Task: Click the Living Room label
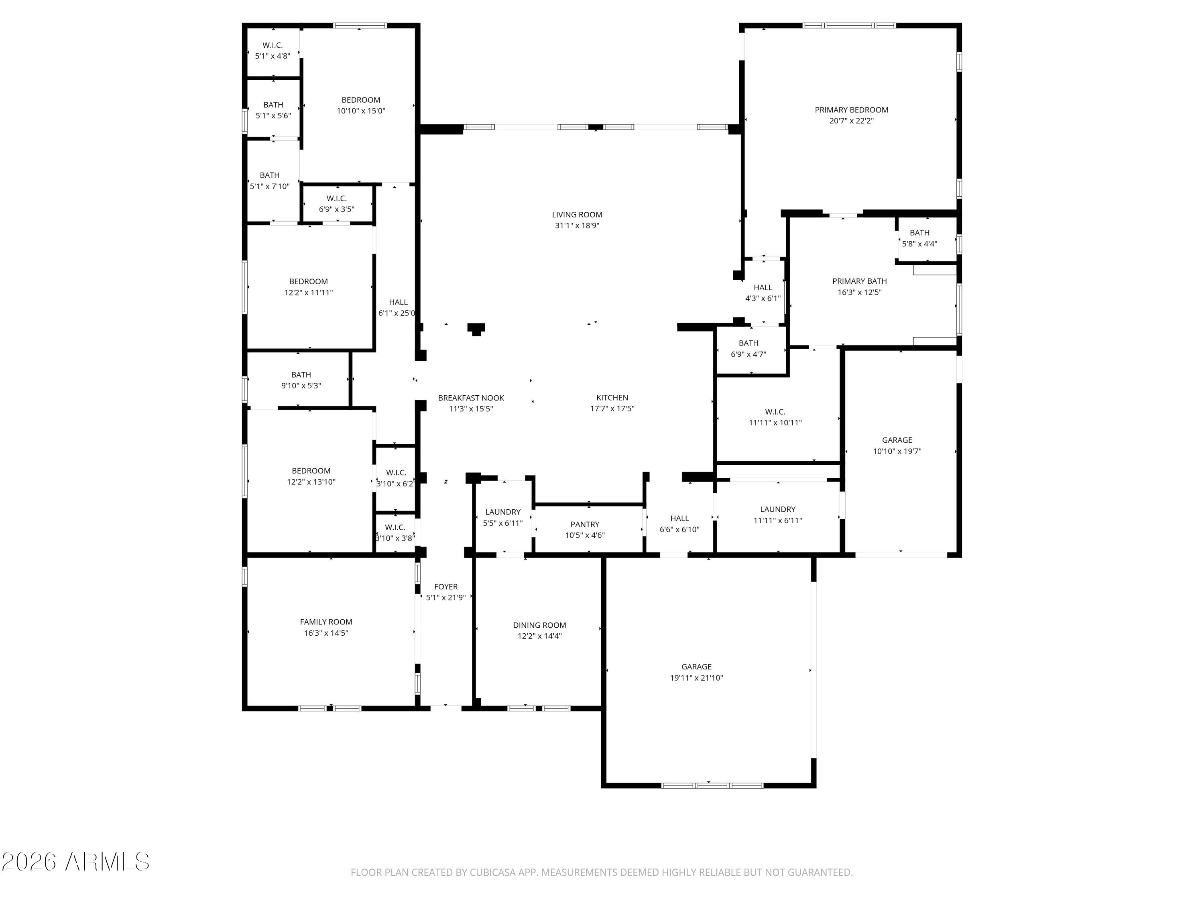(x=577, y=214)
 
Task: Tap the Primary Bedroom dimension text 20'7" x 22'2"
(x=851, y=121)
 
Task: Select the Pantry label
(x=585, y=524)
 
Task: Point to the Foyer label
(x=446, y=586)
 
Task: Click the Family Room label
(x=326, y=622)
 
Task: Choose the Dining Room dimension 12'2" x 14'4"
(x=539, y=636)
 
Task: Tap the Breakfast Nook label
(x=471, y=398)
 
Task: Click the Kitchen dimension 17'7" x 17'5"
(x=612, y=408)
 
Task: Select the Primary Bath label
(x=860, y=281)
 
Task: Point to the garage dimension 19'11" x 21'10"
(x=696, y=678)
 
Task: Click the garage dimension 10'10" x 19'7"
(x=897, y=451)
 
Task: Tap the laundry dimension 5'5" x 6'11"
(x=502, y=523)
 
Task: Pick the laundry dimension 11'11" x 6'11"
(x=777, y=520)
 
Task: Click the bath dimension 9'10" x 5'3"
(x=301, y=385)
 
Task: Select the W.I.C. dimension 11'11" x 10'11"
(x=775, y=422)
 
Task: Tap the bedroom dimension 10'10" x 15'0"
(x=361, y=110)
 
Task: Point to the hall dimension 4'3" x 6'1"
(x=763, y=298)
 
